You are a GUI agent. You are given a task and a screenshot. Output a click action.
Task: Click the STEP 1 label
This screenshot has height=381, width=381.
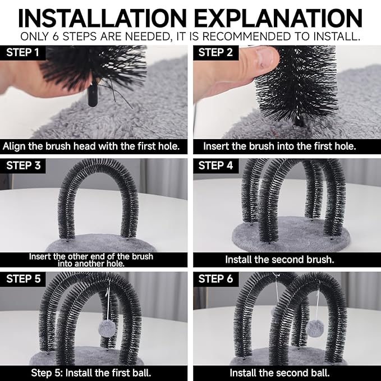click(x=22, y=53)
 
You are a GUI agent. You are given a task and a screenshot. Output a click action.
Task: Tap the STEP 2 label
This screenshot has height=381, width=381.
click(x=215, y=53)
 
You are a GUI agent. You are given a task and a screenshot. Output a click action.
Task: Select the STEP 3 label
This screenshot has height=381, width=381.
click(x=24, y=166)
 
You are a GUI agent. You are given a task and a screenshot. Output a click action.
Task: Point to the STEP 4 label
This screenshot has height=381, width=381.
click(x=216, y=166)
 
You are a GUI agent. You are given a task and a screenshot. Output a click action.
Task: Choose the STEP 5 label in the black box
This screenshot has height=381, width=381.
click(x=24, y=279)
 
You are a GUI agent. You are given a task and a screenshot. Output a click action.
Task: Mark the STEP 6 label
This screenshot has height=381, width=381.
click(x=216, y=279)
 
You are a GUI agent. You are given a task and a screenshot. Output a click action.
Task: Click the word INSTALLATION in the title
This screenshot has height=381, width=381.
click(x=102, y=18)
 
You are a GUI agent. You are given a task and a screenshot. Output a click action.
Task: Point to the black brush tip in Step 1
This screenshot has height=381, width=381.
click(x=93, y=95)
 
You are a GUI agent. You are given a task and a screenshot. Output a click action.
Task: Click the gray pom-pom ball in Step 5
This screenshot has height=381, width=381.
click(x=107, y=328)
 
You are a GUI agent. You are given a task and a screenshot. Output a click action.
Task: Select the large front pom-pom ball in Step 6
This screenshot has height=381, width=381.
click(x=314, y=328)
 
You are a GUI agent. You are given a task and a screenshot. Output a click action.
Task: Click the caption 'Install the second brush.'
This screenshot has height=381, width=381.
click(x=279, y=259)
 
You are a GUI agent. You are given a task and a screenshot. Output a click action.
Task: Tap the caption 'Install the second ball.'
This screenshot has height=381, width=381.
click(x=279, y=373)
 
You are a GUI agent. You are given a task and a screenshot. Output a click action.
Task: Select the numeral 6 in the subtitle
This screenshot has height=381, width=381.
click(x=56, y=36)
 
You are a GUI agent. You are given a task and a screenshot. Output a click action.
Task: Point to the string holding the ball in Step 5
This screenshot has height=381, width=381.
click(x=108, y=301)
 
